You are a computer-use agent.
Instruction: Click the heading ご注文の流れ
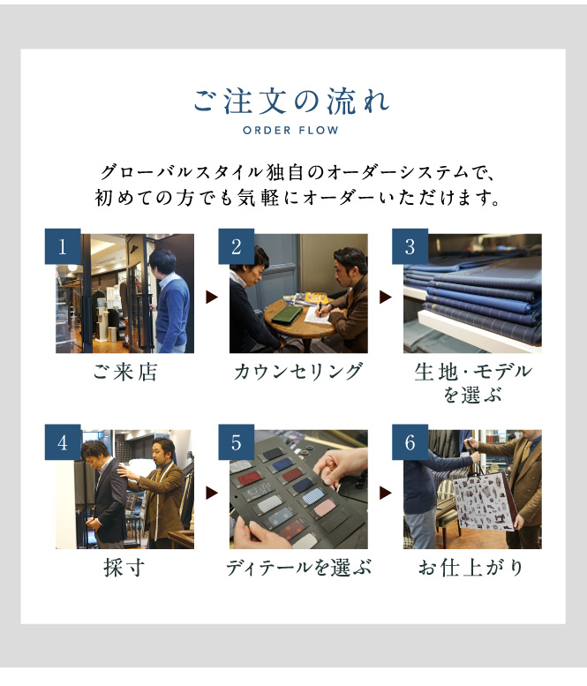click(x=292, y=102)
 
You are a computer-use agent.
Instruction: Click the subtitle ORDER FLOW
click(x=291, y=131)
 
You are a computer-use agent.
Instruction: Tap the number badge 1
click(x=63, y=246)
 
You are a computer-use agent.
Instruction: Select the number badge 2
click(x=237, y=246)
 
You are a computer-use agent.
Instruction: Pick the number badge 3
click(x=410, y=246)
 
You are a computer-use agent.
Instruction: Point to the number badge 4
click(x=63, y=441)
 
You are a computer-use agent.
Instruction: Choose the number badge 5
click(x=237, y=441)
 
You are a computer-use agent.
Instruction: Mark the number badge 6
click(x=410, y=441)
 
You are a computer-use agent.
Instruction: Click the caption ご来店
click(x=124, y=373)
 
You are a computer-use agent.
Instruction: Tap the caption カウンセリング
click(x=298, y=372)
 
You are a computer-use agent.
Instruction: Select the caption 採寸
click(x=124, y=568)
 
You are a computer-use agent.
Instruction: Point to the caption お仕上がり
click(x=471, y=568)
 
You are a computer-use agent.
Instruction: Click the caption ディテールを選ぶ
click(x=298, y=568)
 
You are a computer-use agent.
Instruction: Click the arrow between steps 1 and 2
click(x=212, y=298)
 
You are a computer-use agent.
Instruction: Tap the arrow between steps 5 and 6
click(x=386, y=493)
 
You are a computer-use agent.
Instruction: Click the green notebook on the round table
click(x=287, y=314)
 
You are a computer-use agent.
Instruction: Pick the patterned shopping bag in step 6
click(x=485, y=500)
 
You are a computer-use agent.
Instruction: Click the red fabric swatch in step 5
click(x=247, y=479)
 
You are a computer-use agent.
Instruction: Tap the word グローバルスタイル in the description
click(x=182, y=172)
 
